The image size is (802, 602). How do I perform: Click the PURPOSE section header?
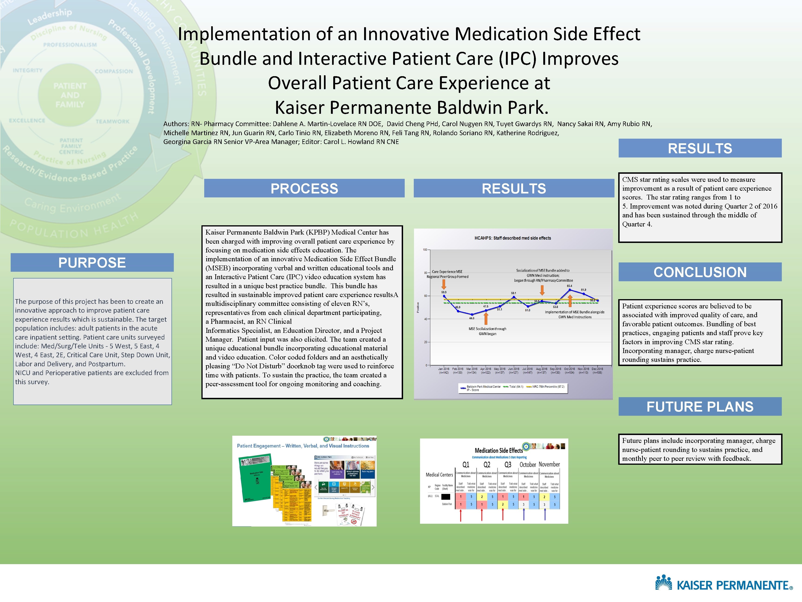click(92, 262)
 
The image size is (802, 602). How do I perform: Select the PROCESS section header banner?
click(304, 188)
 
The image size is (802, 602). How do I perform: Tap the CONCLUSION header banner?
click(700, 272)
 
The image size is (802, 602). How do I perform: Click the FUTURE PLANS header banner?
click(700, 406)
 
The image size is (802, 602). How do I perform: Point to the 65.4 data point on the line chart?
click(570, 290)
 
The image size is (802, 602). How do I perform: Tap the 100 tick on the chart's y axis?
click(425, 250)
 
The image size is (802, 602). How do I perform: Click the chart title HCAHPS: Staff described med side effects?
click(513, 238)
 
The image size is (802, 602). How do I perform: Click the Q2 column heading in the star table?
click(487, 465)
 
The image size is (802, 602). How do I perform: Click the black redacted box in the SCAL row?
click(445, 496)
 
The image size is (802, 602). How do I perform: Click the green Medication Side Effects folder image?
click(255, 479)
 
